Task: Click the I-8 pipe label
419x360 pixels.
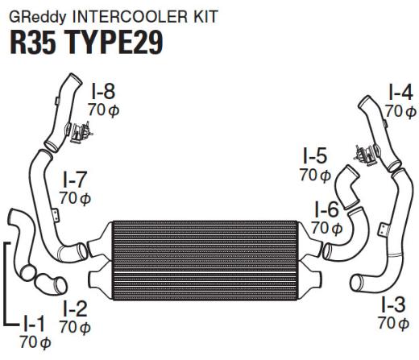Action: pyautogui.click(x=103, y=92)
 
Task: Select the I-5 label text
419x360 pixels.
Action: pyautogui.click(x=315, y=156)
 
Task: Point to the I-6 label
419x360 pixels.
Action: pyautogui.click(x=326, y=209)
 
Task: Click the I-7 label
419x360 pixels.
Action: pyautogui.click(x=75, y=180)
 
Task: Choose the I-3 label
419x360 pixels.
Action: pyautogui.click(x=393, y=304)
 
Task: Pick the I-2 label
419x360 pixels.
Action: pyautogui.click(x=75, y=308)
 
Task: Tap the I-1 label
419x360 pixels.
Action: pyautogui.click(x=34, y=324)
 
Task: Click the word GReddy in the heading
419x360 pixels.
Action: pyautogui.click(x=38, y=17)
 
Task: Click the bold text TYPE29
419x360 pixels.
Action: pyautogui.click(x=114, y=43)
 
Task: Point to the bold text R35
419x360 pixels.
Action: pyautogui.click(x=33, y=43)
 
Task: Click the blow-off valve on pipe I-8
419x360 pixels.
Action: pyautogui.click(x=78, y=132)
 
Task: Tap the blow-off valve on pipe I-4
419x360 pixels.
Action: pyautogui.click(x=367, y=154)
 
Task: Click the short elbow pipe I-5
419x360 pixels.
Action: pyautogui.click(x=346, y=187)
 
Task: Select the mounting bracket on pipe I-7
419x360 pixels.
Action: pyautogui.click(x=56, y=215)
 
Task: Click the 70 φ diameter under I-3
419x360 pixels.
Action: pyautogui.click(x=393, y=323)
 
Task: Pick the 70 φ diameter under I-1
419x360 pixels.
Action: pyautogui.click(x=35, y=342)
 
